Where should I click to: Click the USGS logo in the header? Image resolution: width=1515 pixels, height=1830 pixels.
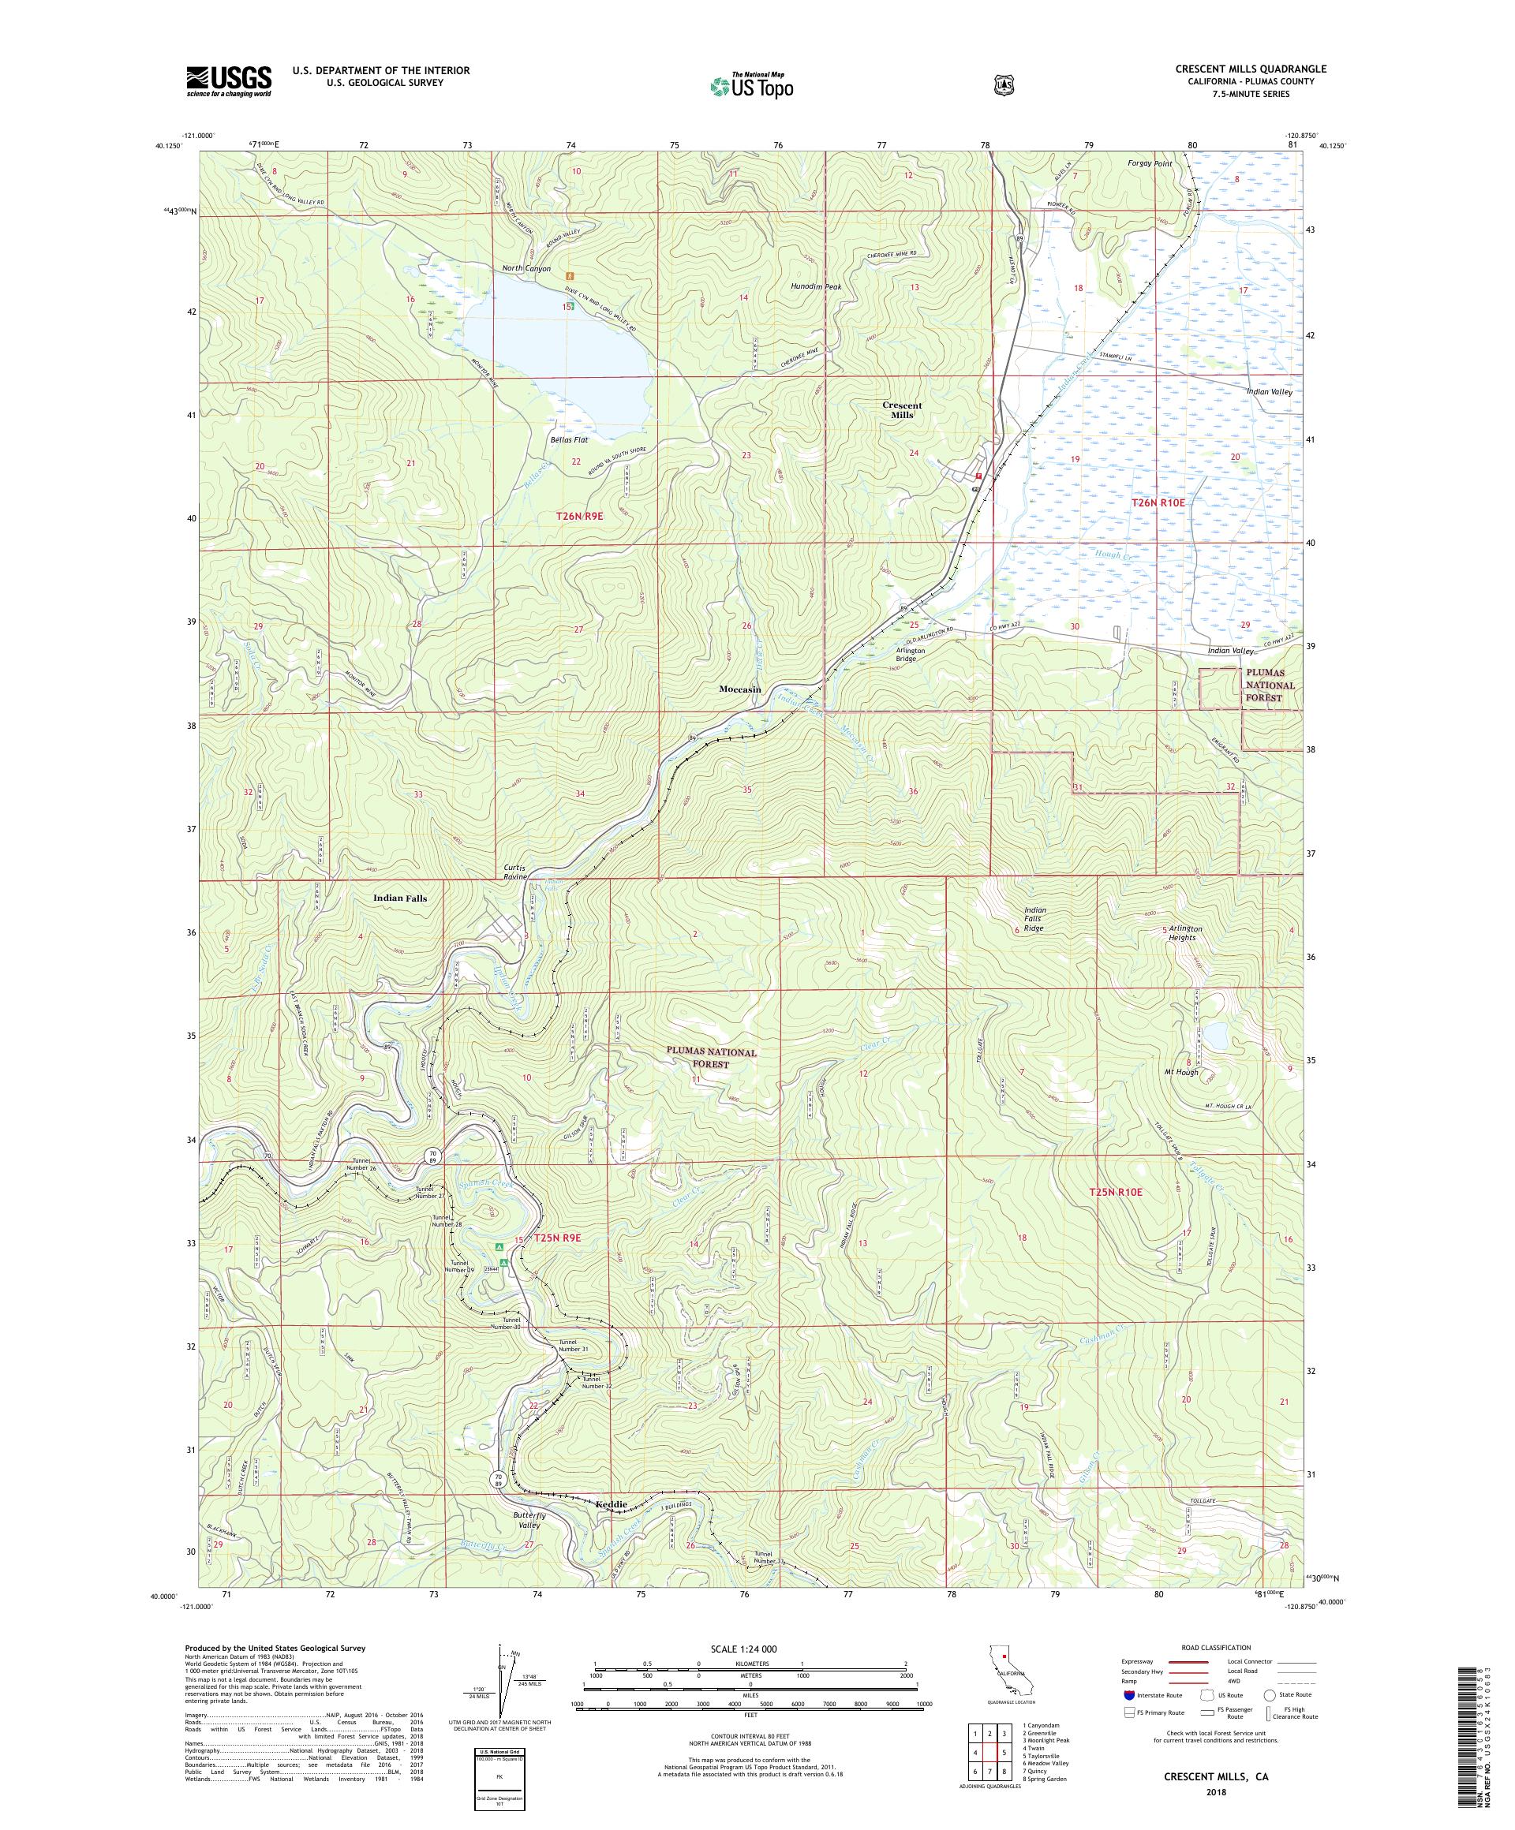pos(227,81)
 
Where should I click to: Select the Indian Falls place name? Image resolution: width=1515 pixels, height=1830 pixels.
pos(399,898)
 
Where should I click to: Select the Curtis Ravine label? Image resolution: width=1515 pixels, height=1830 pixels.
pos(515,872)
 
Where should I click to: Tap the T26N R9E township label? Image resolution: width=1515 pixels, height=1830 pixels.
pos(580,516)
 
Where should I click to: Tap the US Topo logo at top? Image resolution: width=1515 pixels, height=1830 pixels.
pos(752,85)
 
